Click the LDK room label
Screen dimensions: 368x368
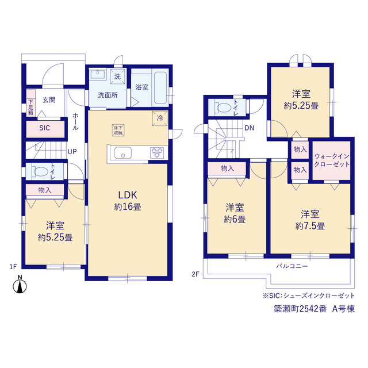[x=128, y=195]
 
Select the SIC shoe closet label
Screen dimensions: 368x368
[x=45, y=128]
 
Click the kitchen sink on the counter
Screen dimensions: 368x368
[x=122, y=153]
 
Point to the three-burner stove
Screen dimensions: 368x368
[x=157, y=152]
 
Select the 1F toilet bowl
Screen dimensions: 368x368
[x=41, y=171]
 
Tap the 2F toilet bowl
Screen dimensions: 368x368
[x=224, y=108]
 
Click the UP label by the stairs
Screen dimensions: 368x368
[x=72, y=152]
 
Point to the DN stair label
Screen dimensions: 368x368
[x=249, y=128]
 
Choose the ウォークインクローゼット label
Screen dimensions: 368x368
[x=332, y=160]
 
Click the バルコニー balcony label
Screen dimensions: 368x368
[x=292, y=266]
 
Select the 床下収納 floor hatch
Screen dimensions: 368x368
[x=118, y=130]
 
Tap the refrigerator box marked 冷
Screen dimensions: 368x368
[x=160, y=118]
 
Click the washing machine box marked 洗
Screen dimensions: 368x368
[x=117, y=76]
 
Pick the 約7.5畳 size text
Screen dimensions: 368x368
[x=310, y=226]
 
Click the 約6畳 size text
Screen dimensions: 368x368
[x=235, y=220]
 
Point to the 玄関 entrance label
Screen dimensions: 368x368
[x=49, y=100]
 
